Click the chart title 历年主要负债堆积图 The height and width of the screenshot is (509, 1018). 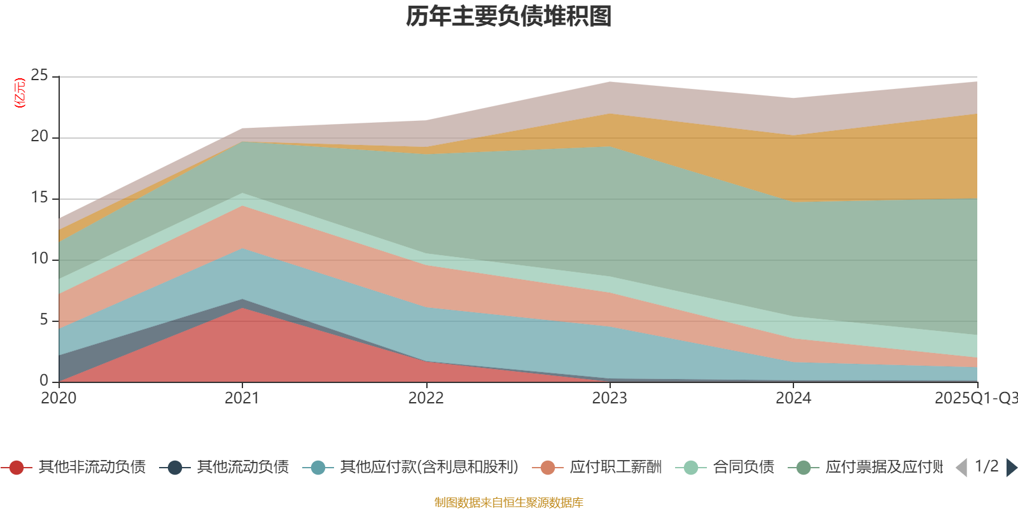coord(509,17)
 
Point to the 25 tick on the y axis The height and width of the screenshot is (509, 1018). coord(39,76)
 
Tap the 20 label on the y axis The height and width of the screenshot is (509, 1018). coord(39,137)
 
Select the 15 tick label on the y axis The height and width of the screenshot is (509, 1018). coord(39,198)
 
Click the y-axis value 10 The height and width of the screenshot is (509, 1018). coord(39,258)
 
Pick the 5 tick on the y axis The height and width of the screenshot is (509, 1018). coord(44,319)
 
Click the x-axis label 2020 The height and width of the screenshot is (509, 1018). coord(59,398)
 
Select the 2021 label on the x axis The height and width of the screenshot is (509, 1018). coord(242,398)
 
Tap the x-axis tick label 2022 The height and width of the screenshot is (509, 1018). coord(426,398)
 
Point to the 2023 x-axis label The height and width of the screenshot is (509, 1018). coord(610,398)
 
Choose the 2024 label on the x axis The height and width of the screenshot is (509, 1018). coord(793,398)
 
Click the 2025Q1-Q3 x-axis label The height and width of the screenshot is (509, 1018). coord(975,398)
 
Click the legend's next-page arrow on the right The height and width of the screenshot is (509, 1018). coord(1011,468)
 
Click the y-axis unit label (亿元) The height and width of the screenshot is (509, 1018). coord(20,93)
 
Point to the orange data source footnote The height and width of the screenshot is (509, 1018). coord(508,503)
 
